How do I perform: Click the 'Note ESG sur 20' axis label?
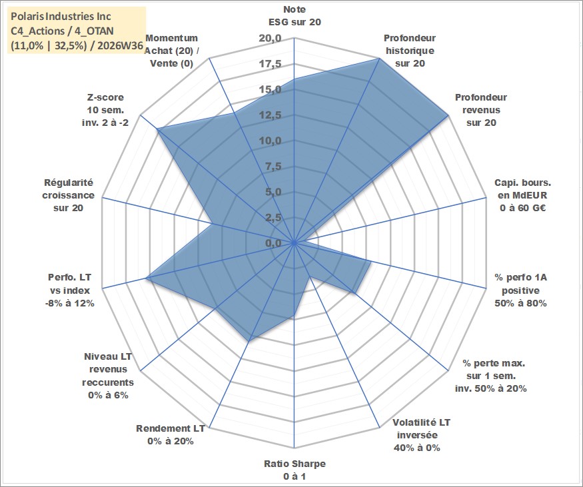pos(294,15)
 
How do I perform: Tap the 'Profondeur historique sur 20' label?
pos(410,51)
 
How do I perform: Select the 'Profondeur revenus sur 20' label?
pos(481,110)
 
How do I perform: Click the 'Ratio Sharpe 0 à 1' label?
pos(294,470)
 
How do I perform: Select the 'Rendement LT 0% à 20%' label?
pos(171,434)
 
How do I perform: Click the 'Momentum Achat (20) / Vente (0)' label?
pos(171,51)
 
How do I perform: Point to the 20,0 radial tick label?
pos(271,38)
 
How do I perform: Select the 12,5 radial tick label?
pos(271,115)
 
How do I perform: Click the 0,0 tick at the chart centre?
pos(273,243)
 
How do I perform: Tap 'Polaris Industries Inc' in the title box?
pos(61,17)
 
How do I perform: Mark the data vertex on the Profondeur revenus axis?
pos(448,115)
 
